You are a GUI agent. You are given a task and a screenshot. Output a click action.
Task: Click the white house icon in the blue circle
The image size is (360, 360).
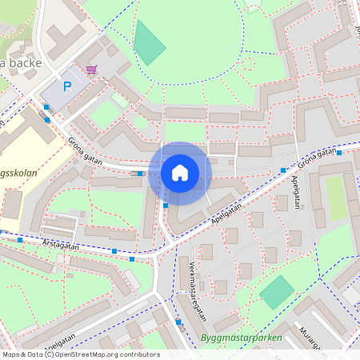(x=180, y=172)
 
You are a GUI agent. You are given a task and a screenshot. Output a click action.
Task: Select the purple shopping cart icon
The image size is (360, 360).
(x=91, y=70)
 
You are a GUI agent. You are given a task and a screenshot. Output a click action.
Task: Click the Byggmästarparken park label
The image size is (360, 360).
(x=242, y=338)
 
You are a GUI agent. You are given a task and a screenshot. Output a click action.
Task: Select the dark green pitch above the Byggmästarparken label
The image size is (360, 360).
(x=277, y=293)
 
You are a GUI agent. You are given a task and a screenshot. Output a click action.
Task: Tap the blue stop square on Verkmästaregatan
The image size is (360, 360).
(x=178, y=322)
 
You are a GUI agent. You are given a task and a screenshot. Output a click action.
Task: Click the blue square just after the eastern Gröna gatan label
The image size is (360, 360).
(x=339, y=152)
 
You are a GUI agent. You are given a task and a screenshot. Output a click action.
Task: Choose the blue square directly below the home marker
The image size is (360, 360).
(x=166, y=206)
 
